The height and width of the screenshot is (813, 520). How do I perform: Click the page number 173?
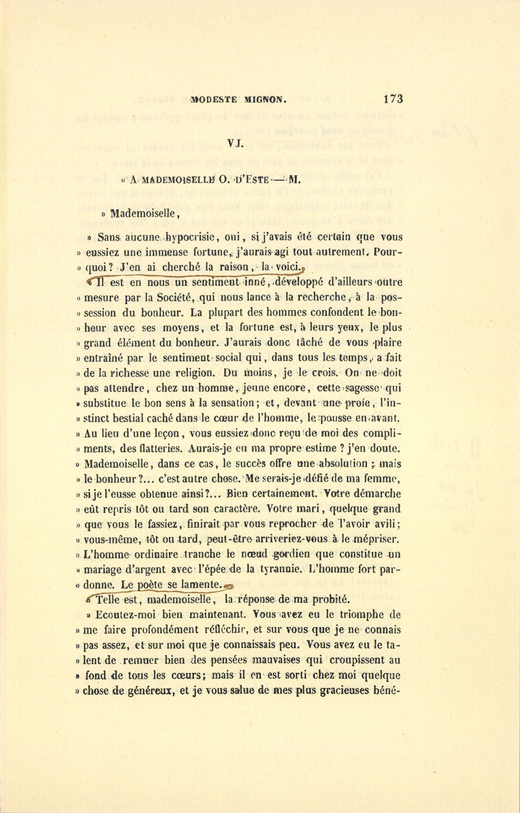(392, 99)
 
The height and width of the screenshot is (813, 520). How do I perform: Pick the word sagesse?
(362, 389)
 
